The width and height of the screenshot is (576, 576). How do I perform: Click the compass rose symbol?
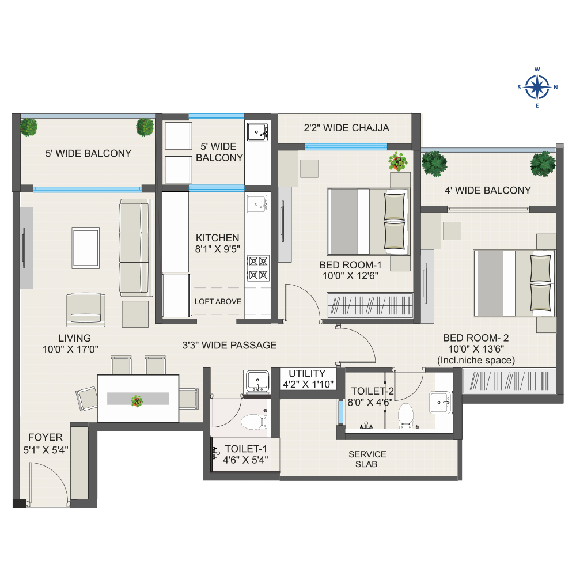point(537,88)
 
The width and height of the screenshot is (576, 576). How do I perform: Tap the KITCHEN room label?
point(218,238)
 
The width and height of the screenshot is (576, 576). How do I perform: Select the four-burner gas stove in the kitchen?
point(258,268)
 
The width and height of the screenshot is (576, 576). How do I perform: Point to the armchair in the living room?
point(86,309)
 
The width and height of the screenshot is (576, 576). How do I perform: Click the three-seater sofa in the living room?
point(135,248)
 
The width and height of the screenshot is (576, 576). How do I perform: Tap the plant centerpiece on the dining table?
point(137,401)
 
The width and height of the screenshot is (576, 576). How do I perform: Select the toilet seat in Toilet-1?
point(253,422)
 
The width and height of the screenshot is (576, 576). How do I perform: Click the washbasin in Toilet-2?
point(440,402)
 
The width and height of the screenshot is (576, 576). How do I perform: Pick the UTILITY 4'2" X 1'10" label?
point(308,379)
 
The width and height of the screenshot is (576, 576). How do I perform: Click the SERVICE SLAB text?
point(367,459)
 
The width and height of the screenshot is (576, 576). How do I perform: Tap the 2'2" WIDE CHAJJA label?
point(346,128)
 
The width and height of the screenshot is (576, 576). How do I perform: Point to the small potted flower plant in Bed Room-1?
point(398,162)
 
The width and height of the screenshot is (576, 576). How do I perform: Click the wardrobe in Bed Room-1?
point(370,305)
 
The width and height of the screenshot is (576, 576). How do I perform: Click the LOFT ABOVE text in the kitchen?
point(218,302)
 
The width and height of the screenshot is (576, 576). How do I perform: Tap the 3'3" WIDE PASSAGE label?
point(230,345)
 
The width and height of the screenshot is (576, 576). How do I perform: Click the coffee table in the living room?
point(86,248)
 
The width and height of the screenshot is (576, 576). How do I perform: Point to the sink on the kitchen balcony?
point(257,132)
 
